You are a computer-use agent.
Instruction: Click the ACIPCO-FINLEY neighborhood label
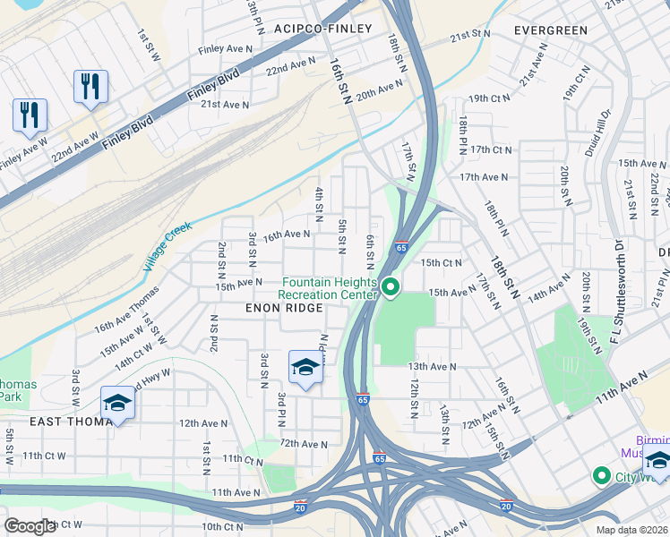[x=323, y=29]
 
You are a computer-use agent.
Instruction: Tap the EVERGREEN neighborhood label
[x=551, y=30]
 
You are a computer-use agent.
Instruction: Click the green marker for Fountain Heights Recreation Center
[x=391, y=287]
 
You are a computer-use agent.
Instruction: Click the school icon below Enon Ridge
[x=305, y=367]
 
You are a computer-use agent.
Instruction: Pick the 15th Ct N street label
[x=441, y=263]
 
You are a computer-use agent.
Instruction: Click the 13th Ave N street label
[x=432, y=367]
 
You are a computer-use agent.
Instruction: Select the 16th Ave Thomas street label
[x=126, y=309]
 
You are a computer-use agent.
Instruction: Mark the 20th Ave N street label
[x=379, y=89]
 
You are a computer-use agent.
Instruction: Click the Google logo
[x=30, y=526]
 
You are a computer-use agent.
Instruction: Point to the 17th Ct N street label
[x=490, y=149]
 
